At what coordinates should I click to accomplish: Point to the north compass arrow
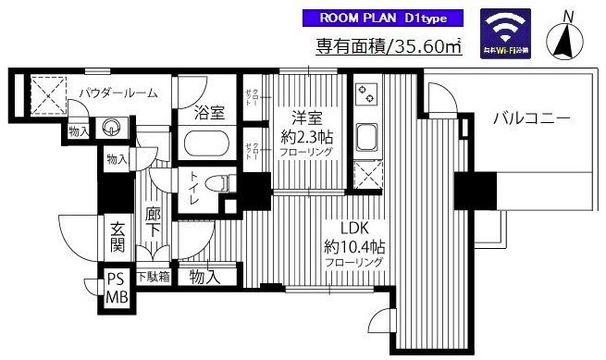[567, 37]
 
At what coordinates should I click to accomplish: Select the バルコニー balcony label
[529, 118]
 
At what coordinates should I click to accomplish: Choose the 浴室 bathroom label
[209, 115]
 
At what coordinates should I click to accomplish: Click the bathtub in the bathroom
[209, 145]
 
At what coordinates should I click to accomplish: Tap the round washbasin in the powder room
[113, 128]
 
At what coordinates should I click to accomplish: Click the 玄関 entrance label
[117, 236]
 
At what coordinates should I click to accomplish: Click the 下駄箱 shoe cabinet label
[154, 276]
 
